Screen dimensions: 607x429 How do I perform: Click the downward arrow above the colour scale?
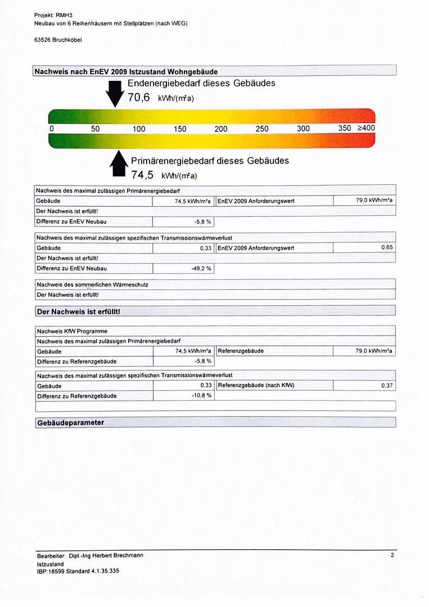[115, 93]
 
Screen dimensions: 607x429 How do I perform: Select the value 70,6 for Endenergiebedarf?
[138, 97]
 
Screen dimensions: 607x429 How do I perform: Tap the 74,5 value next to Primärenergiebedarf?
[142, 175]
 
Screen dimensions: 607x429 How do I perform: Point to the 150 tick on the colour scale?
[180, 129]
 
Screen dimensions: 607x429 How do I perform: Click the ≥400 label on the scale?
[365, 128]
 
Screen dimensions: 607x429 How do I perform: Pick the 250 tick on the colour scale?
[262, 129]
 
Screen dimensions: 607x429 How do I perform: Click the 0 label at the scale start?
[52, 129]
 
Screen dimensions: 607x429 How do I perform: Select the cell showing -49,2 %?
[202, 269]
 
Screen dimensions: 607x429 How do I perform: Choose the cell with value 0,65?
[387, 248]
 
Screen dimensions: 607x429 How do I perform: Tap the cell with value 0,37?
[387, 386]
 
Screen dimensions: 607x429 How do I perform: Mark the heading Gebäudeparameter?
[71, 423]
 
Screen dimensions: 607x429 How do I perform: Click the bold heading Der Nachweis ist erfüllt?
[78, 311]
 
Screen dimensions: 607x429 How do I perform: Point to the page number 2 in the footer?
[392, 555]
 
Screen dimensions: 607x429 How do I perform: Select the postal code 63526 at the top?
[43, 40]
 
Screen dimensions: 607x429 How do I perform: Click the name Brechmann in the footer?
[128, 555]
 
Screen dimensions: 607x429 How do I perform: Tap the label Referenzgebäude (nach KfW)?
[256, 386]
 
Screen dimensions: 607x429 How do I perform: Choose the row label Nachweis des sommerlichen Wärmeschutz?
[92, 285]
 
